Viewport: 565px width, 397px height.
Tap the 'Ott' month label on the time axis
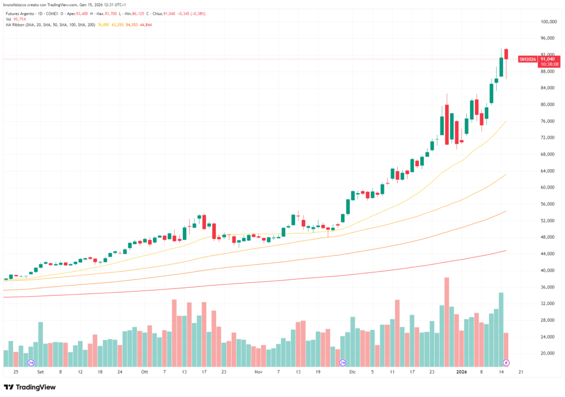pos(144,372)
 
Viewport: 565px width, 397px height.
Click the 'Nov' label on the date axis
pos(258,372)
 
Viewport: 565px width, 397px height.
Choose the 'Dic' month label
pos(352,372)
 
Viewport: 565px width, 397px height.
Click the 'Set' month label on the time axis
pos(40,372)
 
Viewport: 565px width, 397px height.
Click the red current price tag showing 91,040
pos(547,58)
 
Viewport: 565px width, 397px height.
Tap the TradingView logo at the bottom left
pos(30,387)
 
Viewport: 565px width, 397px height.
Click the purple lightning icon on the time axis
pos(507,363)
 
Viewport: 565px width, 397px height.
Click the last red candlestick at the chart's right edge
pos(506,54)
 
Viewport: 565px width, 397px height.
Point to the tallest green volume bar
pos(501,329)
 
